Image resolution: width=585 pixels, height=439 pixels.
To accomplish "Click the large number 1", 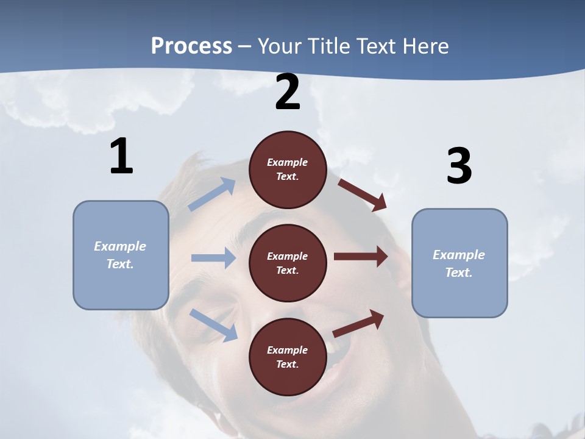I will tap(121, 156).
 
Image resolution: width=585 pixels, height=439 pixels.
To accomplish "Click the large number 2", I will tap(288, 92).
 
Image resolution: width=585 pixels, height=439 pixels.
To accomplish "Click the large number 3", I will tap(459, 166).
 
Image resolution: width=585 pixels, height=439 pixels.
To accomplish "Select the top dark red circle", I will tap(288, 170).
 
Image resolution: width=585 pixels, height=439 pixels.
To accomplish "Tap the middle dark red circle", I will tap(288, 263).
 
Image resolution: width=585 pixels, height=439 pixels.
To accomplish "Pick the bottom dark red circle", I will tap(288, 357).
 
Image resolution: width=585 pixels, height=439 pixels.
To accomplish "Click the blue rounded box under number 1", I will tap(121, 255).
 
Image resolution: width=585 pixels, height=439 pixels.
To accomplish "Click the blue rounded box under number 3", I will tap(459, 263).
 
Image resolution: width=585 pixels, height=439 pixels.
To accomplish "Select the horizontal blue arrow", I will tap(213, 258).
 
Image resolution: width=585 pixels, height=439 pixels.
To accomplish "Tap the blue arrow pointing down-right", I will tap(213, 324).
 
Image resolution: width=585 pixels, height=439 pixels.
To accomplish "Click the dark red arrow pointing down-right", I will tap(362, 195).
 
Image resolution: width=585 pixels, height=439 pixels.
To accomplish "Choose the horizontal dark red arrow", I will tap(361, 257).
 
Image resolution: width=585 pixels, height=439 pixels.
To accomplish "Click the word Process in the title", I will tap(191, 46).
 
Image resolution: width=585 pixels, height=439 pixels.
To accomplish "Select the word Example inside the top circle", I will tap(287, 162).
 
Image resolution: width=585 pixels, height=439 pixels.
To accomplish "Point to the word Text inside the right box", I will tap(458, 273).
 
